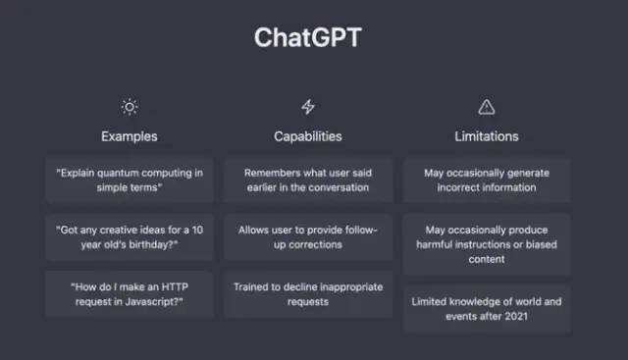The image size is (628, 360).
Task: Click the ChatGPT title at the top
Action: (308, 37)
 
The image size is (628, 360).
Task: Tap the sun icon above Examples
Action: (129, 107)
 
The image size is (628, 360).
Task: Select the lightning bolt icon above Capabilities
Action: (307, 107)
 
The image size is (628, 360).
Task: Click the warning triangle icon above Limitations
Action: (486, 107)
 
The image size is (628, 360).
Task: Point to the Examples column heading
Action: (129, 136)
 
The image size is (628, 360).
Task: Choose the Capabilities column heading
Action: (307, 136)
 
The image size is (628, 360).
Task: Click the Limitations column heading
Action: (486, 136)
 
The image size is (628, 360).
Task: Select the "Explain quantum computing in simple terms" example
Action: (130, 180)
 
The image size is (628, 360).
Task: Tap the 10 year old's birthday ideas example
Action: (130, 236)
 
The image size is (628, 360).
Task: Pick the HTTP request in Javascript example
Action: (130, 294)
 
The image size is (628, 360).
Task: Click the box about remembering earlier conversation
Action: (308, 180)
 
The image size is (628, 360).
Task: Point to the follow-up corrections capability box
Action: (308, 236)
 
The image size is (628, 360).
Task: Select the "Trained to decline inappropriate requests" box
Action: (308, 294)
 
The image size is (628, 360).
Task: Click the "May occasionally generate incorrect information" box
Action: (487, 180)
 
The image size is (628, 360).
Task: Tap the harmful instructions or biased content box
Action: (487, 244)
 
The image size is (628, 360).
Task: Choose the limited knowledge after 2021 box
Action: (487, 309)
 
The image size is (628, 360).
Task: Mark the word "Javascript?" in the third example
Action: (163, 301)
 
